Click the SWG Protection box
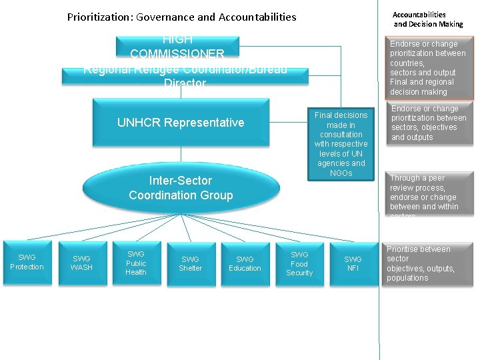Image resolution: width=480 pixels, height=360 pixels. click(27, 262)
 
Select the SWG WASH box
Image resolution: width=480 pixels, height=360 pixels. click(81, 263)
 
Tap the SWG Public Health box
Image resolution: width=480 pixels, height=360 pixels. click(136, 263)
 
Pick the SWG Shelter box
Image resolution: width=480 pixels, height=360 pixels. click(190, 263)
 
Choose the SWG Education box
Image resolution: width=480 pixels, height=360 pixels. click(245, 263)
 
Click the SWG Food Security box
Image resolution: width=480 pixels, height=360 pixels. click(299, 263)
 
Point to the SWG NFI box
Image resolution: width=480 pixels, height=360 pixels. click(353, 263)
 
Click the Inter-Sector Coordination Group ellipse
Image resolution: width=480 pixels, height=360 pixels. click(181, 188)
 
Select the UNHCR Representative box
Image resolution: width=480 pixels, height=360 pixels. click(181, 122)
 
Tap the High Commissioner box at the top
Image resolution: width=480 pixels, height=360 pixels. click(177, 47)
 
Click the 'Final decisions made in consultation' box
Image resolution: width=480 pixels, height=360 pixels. click(341, 144)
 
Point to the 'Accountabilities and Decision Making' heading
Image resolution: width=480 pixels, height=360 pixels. click(427, 19)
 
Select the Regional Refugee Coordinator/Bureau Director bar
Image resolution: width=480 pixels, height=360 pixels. click(185, 75)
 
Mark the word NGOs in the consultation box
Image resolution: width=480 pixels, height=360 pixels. click(341, 173)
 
